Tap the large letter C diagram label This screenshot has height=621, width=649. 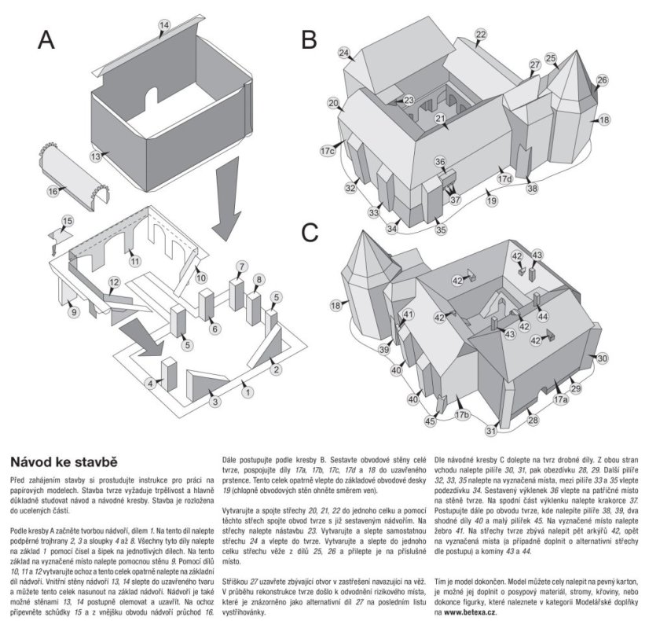tap(310, 233)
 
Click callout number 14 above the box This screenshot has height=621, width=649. tap(163, 26)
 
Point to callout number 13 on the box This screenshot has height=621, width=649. tap(96, 157)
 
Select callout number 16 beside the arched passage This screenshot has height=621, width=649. tap(53, 191)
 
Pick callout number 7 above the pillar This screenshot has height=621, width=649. tap(242, 266)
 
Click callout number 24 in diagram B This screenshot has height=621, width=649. tap(344, 53)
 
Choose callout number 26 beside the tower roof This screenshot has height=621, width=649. tap(602, 80)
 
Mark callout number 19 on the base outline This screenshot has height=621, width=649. tap(492, 201)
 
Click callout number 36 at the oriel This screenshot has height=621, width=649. tap(441, 161)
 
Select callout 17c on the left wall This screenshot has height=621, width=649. tap(328, 149)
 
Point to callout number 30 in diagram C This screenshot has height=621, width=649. tap(602, 358)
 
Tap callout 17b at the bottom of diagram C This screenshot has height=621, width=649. tap(462, 414)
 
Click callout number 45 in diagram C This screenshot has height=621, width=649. tap(430, 421)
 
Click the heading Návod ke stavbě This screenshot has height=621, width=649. tap(64, 460)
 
